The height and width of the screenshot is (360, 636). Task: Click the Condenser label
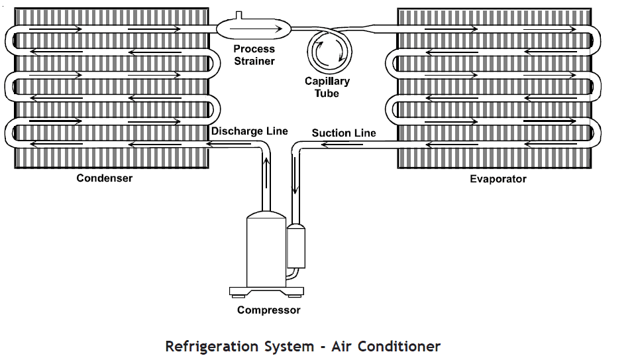(104, 178)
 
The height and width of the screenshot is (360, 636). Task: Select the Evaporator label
(498, 179)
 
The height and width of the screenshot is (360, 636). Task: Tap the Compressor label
(268, 310)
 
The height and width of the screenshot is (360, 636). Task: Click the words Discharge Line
(250, 131)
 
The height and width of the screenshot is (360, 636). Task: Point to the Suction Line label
(343, 133)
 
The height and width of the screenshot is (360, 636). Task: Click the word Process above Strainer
(254, 50)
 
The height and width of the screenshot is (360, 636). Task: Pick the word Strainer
(254, 61)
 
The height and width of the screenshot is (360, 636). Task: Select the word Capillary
(327, 82)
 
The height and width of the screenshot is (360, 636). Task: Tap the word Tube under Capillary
(327, 93)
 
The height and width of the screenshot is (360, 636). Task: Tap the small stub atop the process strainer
(239, 15)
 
